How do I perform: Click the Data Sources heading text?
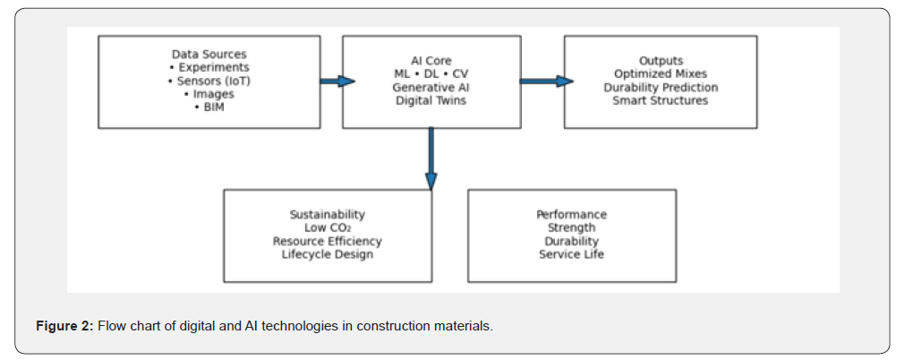(209, 55)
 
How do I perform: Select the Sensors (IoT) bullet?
(209, 81)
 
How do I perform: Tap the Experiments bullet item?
(209, 68)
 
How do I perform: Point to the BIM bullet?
(209, 107)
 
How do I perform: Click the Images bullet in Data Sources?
(209, 94)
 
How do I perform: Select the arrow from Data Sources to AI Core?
(337, 81)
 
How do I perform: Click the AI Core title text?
(431, 61)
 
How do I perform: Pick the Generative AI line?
(431, 88)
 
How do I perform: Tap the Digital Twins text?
(431, 101)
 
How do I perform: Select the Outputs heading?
(661, 61)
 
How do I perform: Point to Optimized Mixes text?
(661, 74)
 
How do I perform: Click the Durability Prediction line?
(661, 88)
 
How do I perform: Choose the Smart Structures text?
(661, 101)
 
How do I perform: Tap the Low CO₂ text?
(327, 228)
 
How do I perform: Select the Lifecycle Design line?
(327, 254)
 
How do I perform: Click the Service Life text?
(571, 254)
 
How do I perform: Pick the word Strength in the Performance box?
(571, 228)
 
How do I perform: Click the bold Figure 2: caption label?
(64, 326)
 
